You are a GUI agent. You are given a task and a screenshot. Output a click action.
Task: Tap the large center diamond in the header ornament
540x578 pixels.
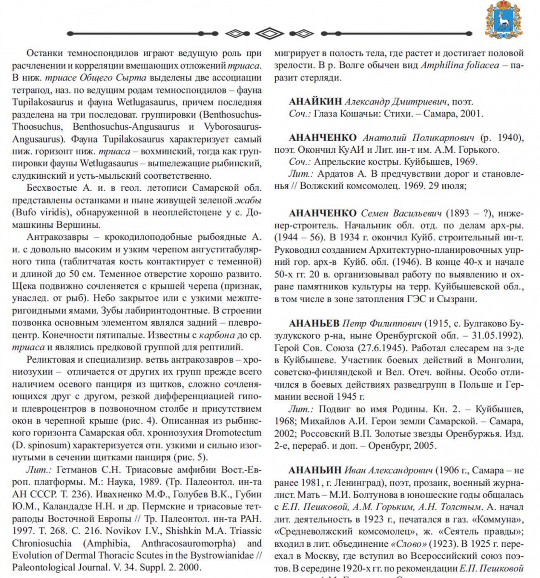[270, 33]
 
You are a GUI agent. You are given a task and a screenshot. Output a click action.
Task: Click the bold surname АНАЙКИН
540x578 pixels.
[315, 102]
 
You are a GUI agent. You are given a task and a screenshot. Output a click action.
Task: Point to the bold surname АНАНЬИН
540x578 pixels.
[315, 470]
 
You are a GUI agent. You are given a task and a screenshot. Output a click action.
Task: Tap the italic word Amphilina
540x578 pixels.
[442, 66]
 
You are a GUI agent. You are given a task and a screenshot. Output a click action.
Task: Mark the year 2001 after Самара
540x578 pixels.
[472, 114]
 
